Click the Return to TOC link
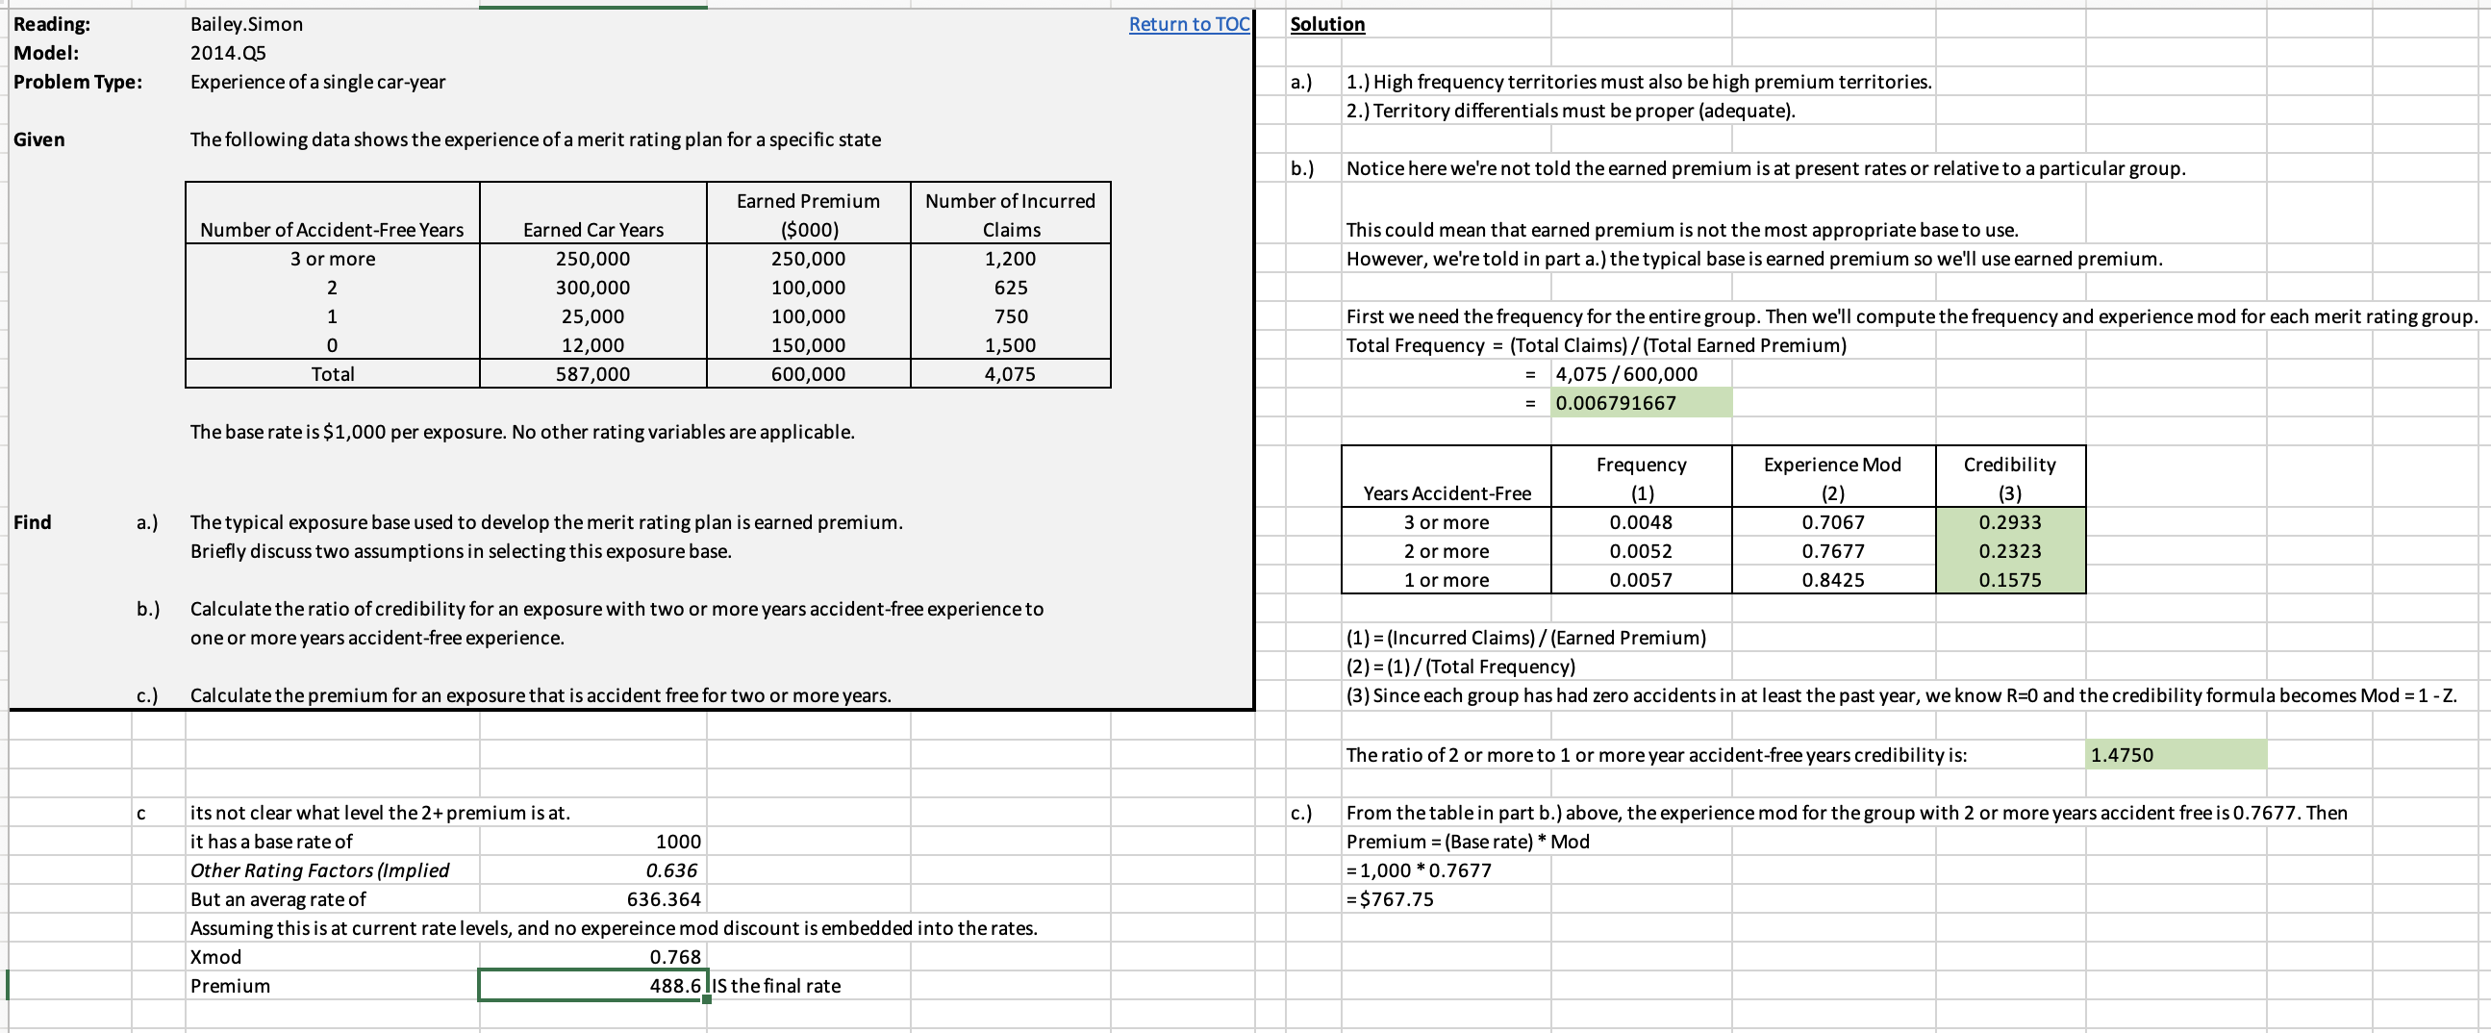coord(1189,24)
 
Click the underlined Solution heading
coord(1326,24)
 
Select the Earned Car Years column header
coord(592,229)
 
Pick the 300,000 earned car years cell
coord(592,288)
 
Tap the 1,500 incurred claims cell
coord(1011,345)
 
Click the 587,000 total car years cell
coord(592,374)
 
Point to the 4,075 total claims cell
coord(1011,374)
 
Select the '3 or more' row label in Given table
coord(333,258)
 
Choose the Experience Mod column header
coord(1831,466)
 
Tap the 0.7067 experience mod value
coord(1831,522)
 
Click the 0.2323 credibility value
coord(2009,551)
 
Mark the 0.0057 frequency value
coord(1640,580)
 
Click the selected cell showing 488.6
coord(592,986)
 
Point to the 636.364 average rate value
coord(664,899)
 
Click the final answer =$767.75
coord(1390,899)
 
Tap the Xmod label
coord(215,957)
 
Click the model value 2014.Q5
coord(227,53)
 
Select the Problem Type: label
coord(77,82)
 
